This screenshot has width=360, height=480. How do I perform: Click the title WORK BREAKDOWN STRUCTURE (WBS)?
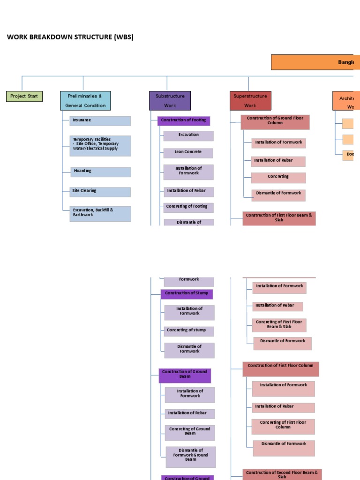pyautogui.click(x=70, y=37)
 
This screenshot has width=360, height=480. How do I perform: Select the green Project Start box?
pyautogui.click(x=24, y=97)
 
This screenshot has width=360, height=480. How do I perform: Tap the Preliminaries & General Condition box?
pyautogui.click(x=85, y=101)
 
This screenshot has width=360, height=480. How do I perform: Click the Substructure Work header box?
pyautogui.click(x=170, y=101)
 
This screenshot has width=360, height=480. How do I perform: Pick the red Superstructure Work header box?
pyautogui.click(x=250, y=101)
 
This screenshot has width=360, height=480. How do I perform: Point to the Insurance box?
pyautogui.click(x=100, y=121)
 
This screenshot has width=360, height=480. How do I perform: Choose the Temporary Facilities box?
pyautogui.click(x=100, y=146)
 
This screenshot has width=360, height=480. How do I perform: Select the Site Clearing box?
pyautogui.click(x=100, y=192)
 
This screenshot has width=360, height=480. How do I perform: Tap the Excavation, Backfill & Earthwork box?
pyautogui.click(x=100, y=214)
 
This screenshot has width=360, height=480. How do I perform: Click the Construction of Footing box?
pyautogui.click(x=183, y=121)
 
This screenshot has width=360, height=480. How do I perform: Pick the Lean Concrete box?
pyautogui.click(x=188, y=153)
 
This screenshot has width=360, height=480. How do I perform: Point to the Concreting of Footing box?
pyautogui.click(x=188, y=207)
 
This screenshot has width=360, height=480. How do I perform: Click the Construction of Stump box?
pyautogui.click(x=187, y=294)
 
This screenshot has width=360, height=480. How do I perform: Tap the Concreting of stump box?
pyautogui.click(x=188, y=331)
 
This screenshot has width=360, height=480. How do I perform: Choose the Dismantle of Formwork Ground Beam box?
pyautogui.click(x=191, y=457)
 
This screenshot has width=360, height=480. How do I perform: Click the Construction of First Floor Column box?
pyautogui.click(x=280, y=369)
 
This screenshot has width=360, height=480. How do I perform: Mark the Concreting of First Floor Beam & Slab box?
pyautogui.click(x=279, y=325)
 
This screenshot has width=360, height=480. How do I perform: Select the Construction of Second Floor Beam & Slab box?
pyautogui.click(x=282, y=474)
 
